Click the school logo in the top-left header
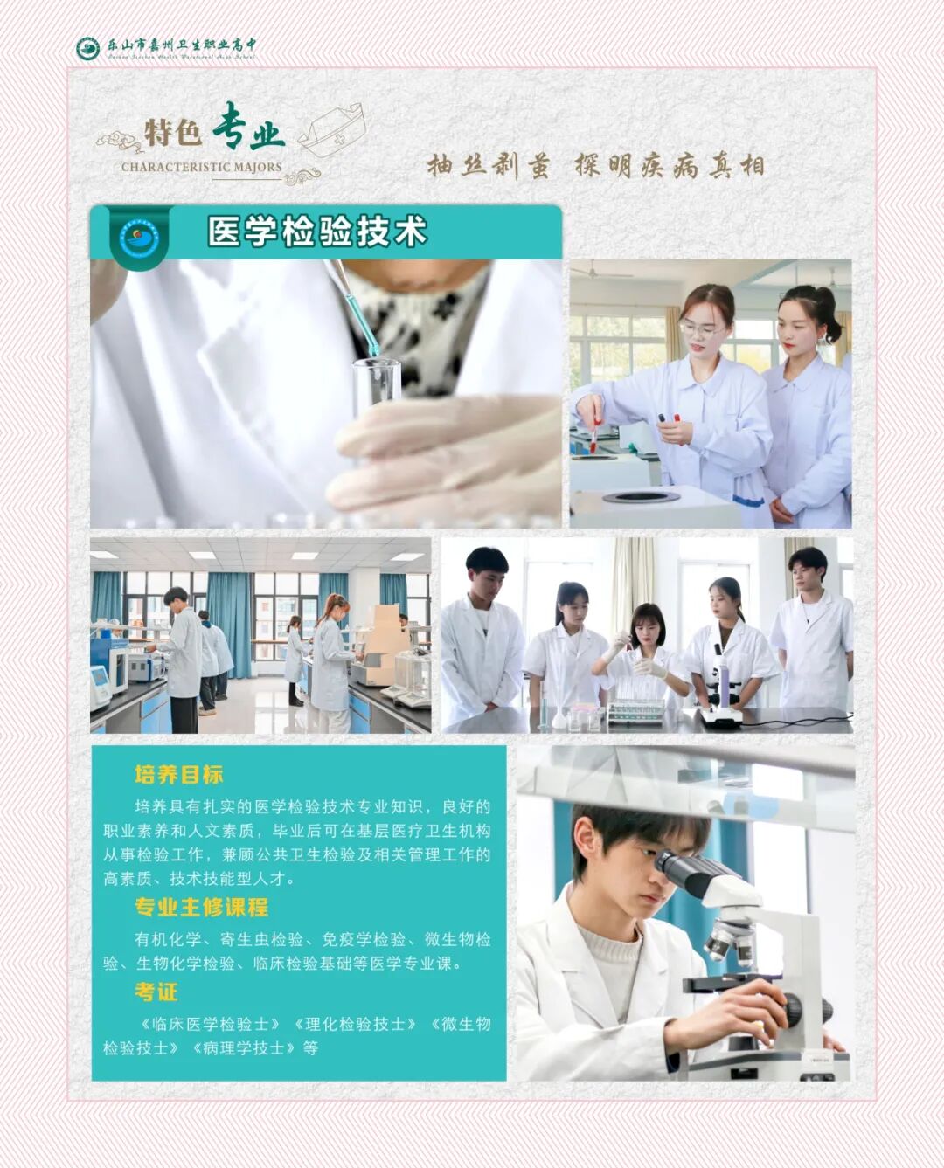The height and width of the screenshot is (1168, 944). [87, 49]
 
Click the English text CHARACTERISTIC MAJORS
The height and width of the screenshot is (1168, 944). [201, 167]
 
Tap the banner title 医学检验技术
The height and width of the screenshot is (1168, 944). [316, 232]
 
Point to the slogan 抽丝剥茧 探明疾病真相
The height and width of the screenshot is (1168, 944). [594, 164]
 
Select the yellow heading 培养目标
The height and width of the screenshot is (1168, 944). [178, 774]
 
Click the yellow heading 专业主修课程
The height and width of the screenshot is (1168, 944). [201, 907]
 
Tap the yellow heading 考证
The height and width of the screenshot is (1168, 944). [156, 992]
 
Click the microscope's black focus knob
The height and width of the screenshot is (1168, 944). [791, 1010]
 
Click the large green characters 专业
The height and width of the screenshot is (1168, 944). [249, 128]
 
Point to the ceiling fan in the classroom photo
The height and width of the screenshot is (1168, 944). [603, 273]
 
